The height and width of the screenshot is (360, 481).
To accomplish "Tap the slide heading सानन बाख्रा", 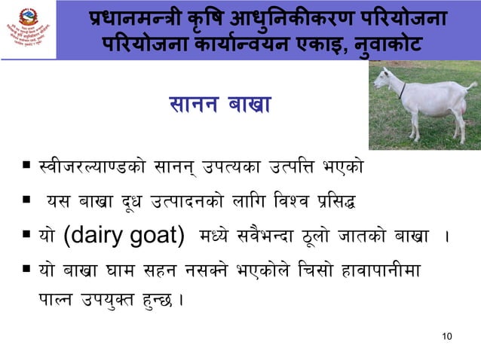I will (213, 107).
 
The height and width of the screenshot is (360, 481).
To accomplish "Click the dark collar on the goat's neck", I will (402, 91).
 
